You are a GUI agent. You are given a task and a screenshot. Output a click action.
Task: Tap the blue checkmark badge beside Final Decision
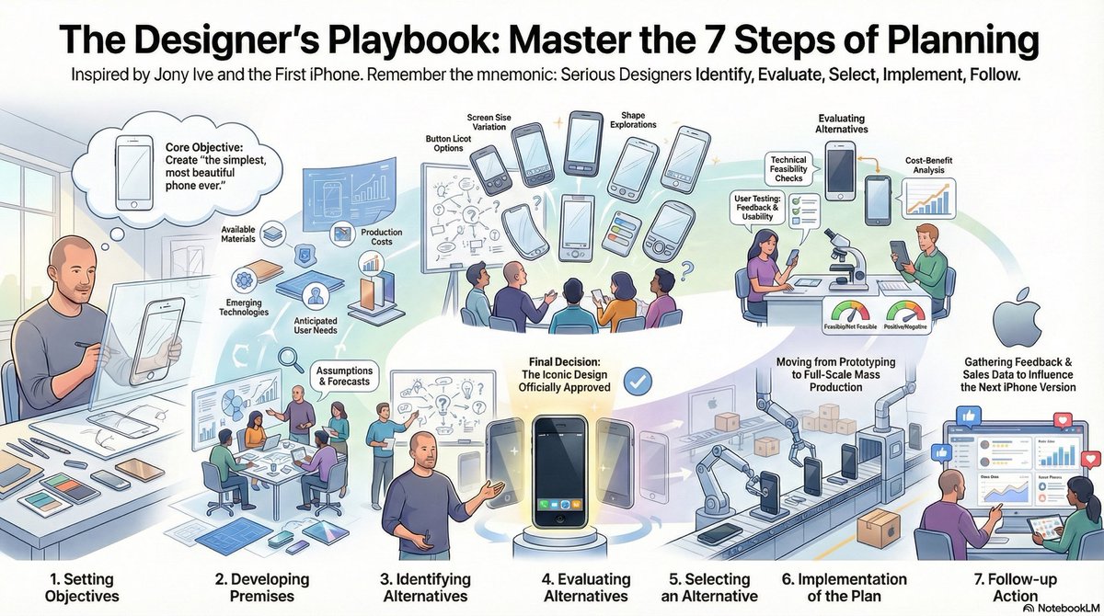tap(636, 379)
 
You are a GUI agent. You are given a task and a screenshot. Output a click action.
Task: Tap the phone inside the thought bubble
tap(135, 167)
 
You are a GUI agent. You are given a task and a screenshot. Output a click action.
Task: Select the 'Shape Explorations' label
tap(635, 120)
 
